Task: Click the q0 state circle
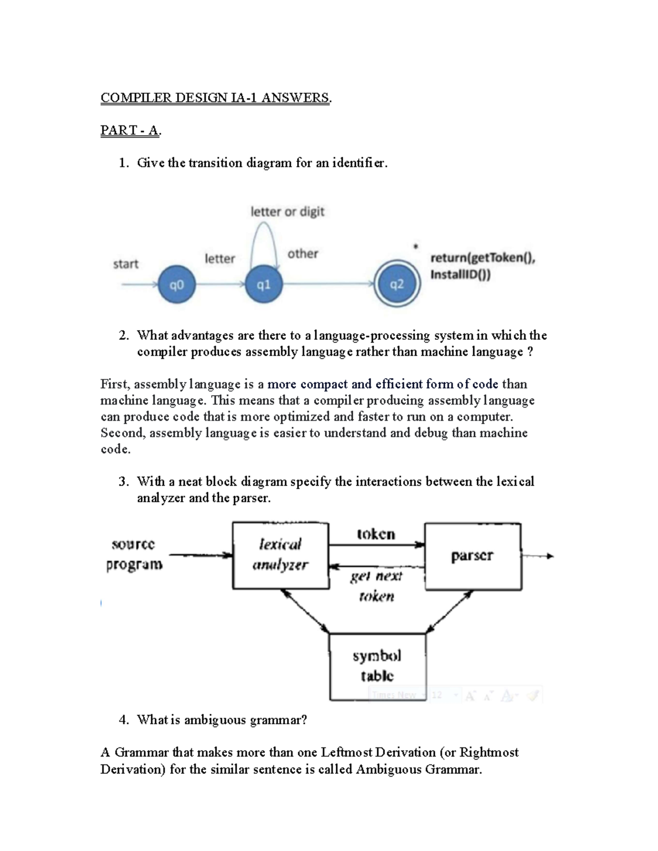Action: click(x=177, y=284)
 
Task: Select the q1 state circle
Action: click(x=264, y=284)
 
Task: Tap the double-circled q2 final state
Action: click(x=397, y=284)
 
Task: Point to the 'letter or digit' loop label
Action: click(x=287, y=212)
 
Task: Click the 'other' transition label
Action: click(x=303, y=254)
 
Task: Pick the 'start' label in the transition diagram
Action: click(x=126, y=264)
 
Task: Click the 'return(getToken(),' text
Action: click(x=483, y=258)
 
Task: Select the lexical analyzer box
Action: click(x=281, y=556)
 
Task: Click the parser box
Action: click(x=473, y=556)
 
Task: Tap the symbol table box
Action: click(x=377, y=666)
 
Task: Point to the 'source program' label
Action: click(x=134, y=555)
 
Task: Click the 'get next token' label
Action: click(x=377, y=586)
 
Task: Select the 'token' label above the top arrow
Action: click(x=376, y=534)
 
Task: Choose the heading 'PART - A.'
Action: click(x=131, y=130)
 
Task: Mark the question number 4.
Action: click(x=123, y=720)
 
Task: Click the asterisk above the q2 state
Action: click(x=416, y=247)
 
